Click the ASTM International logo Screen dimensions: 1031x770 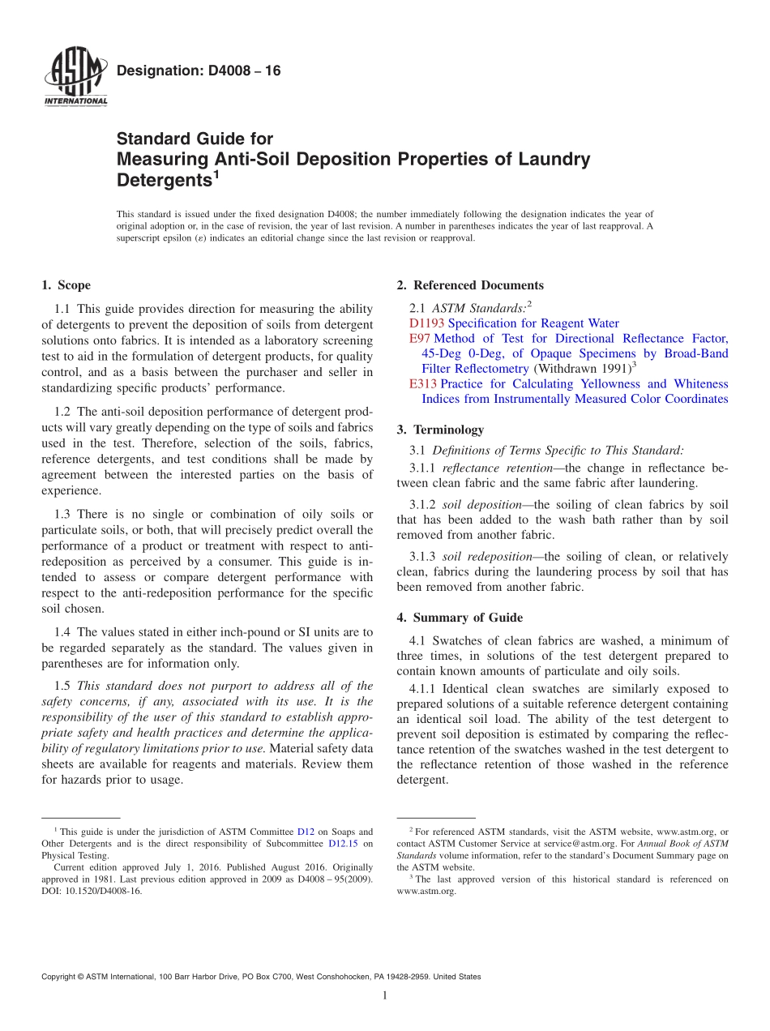pos(75,78)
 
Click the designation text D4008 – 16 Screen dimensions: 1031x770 pos(199,71)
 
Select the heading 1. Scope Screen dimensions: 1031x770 pos(66,285)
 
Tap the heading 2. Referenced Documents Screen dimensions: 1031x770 pos(470,285)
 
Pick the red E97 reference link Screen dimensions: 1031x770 pos(420,339)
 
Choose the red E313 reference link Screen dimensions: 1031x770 pos(423,384)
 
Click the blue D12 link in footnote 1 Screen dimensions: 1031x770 pos(306,832)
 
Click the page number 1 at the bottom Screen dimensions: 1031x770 pos(385,995)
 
